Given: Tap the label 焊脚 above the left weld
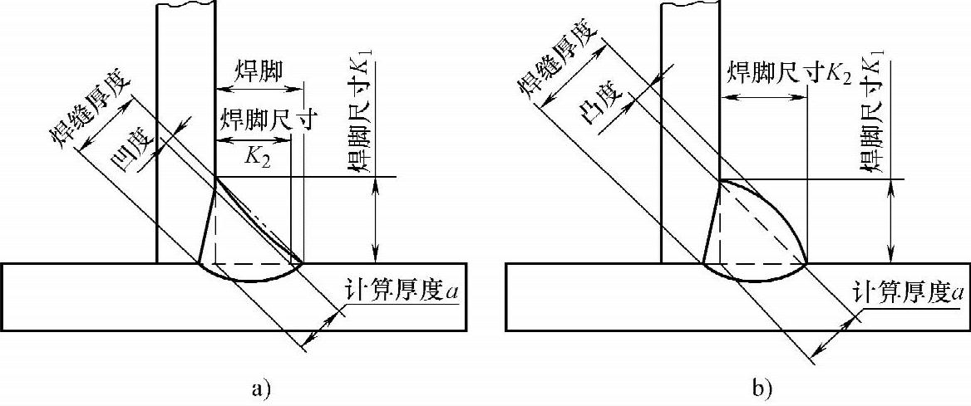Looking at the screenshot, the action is click(x=259, y=74).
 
